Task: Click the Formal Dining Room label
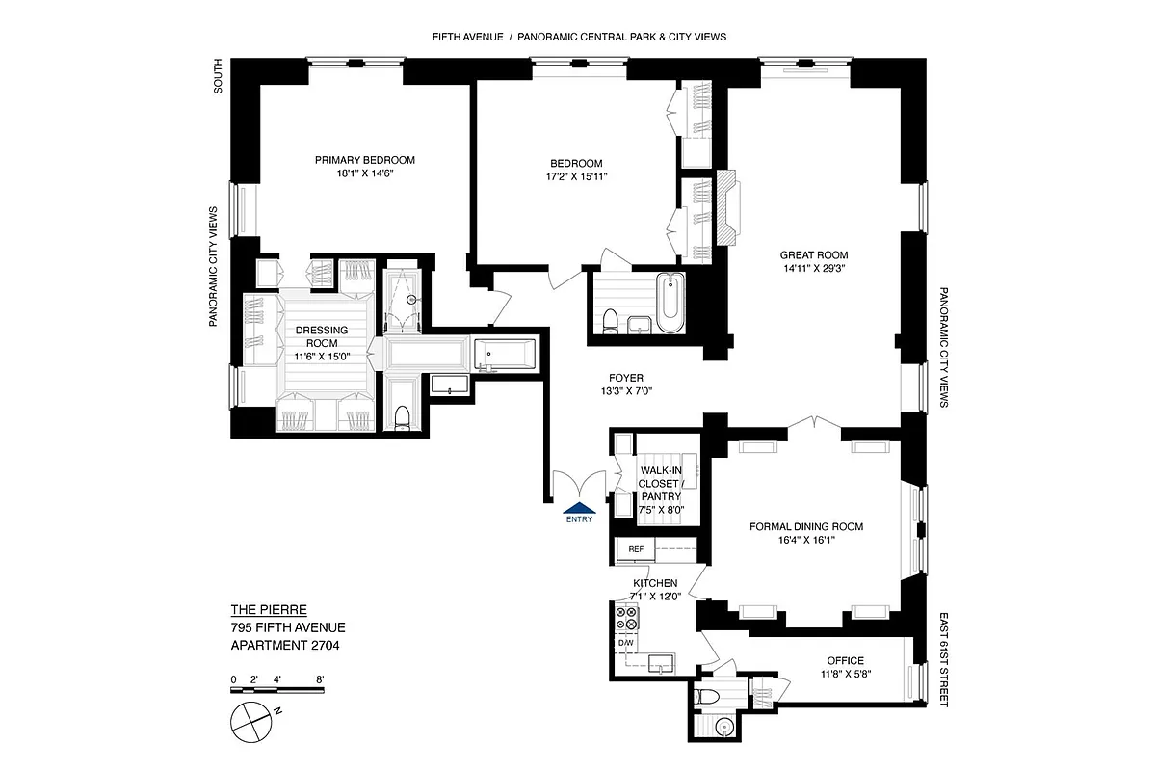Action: pos(806,526)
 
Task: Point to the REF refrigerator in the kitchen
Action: pos(636,549)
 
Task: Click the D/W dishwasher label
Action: pos(626,643)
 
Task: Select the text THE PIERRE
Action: pos(269,609)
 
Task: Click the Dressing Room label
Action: pos(321,336)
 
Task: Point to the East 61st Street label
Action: pos(943,659)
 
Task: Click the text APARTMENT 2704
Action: pos(285,646)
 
